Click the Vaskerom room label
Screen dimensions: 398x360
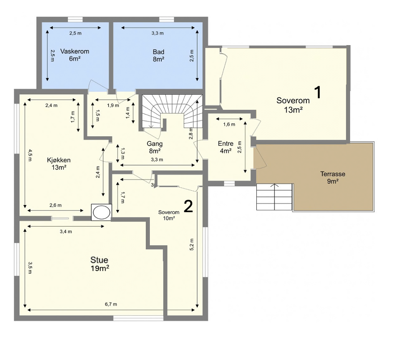(75, 55)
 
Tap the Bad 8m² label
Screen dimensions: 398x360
(158, 55)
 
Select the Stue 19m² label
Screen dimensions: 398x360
(100, 264)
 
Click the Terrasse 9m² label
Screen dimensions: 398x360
(333, 177)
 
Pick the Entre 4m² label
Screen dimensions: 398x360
(225, 147)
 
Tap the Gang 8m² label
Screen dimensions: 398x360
(155, 147)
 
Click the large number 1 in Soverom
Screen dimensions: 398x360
(318, 92)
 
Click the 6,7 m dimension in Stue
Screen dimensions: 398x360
(111, 304)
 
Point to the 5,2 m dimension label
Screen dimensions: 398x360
(192, 244)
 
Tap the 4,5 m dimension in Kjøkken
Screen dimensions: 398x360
(30, 156)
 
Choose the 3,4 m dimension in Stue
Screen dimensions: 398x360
(66, 231)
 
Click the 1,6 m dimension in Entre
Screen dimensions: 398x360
(229, 124)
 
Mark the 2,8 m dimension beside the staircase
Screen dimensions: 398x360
(191, 134)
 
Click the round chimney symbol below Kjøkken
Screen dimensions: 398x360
(101, 212)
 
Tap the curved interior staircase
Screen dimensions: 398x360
(172, 112)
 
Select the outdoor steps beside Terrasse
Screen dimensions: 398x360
(275, 197)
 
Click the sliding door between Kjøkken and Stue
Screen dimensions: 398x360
(60, 218)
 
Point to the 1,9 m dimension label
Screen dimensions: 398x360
(113, 105)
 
